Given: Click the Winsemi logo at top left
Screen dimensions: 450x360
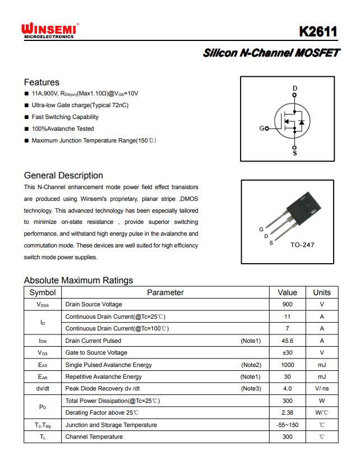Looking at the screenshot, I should tap(49, 30).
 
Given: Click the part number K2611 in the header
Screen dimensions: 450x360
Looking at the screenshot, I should tap(318, 31).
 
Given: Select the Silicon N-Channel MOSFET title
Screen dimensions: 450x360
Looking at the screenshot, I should tap(271, 53).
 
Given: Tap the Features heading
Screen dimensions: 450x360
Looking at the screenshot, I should tap(41, 82).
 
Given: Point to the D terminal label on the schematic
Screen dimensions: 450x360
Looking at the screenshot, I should tap(295, 89).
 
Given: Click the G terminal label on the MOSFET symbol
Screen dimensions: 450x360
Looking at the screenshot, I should tap(262, 128).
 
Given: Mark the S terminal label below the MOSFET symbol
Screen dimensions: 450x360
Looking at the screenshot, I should tap(295, 153).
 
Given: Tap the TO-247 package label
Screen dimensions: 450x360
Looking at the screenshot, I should tap(303, 245).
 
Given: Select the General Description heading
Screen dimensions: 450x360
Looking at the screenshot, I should tap(63, 175).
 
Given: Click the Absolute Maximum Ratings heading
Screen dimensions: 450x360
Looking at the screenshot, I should tap(79, 280).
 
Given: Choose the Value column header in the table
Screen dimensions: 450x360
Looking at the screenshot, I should tap(287, 292).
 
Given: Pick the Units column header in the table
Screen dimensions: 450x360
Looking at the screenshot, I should tap(322, 292).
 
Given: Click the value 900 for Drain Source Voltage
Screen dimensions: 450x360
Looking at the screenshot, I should tap(287, 304).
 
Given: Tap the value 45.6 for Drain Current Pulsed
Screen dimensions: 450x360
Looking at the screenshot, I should tap(287, 341).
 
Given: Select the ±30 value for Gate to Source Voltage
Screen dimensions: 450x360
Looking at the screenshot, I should tap(287, 352).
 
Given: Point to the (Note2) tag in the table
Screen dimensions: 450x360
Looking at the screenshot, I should tap(251, 365).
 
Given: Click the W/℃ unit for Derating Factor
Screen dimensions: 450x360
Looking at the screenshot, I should tap(322, 412).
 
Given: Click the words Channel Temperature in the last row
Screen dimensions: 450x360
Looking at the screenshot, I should tap(94, 437).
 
